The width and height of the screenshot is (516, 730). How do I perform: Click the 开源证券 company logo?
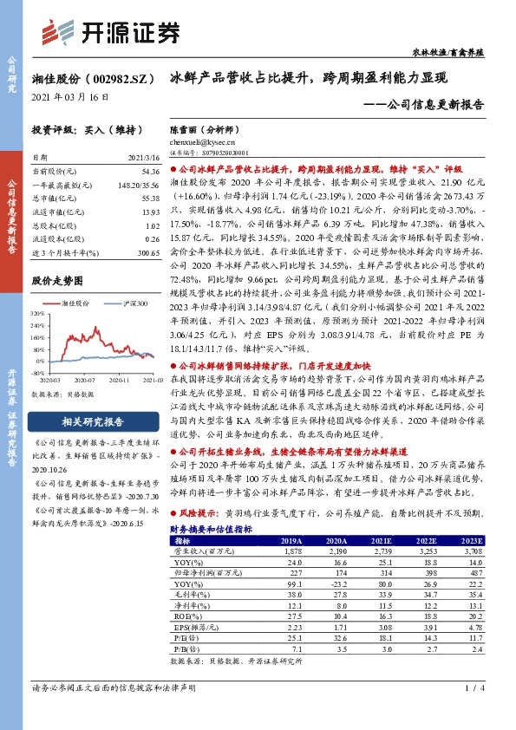[109, 32]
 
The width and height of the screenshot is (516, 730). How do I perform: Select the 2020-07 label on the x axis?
[84, 380]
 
